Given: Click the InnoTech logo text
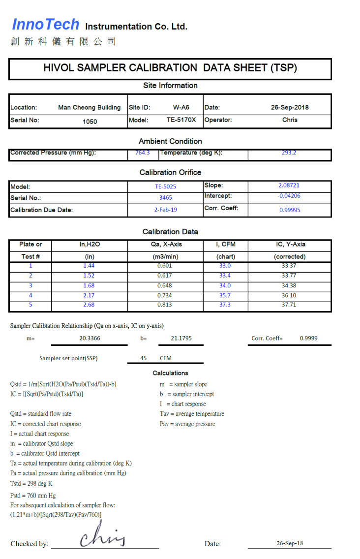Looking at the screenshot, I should click(x=45, y=24).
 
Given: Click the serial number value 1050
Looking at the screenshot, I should click(x=90, y=121).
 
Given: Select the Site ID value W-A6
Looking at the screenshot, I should click(x=181, y=107).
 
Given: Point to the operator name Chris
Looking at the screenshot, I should click(x=290, y=120).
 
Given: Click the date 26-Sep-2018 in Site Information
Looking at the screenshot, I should click(x=290, y=107).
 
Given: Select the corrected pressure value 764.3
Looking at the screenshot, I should click(x=143, y=153).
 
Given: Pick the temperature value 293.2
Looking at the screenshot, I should click(x=289, y=153).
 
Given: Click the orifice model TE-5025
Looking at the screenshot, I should click(x=165, y=186).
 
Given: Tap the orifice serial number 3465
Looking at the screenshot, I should click(x=165, y=198).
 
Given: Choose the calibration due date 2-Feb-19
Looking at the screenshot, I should click(x=165, y=210).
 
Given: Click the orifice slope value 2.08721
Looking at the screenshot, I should click(x=289, y=186).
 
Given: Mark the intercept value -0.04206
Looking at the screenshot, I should click(x=289, y=196).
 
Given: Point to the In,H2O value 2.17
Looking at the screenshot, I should click(x=89, y=296).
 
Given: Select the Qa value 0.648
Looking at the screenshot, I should click(x=165, y=286).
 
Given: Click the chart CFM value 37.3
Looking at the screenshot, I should click(x=225, y=305).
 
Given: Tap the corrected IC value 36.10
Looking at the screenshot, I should click(x=289, y=296).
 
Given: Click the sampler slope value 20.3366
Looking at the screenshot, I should click(x=89, y=339).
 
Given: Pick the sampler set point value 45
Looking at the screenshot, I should click(x=143, y=358).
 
